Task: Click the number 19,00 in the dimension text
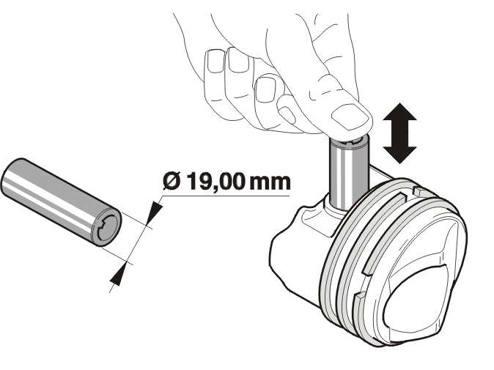click(x=215, y=182)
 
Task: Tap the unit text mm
click(x=270, y=183)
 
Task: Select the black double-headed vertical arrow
click(x=399, y=133)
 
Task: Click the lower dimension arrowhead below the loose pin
click(x=118, y=275)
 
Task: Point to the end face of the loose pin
click(x=106, y=226)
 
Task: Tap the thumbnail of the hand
click(x=350, y=116)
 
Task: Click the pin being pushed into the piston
click(x=348, y=172)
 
